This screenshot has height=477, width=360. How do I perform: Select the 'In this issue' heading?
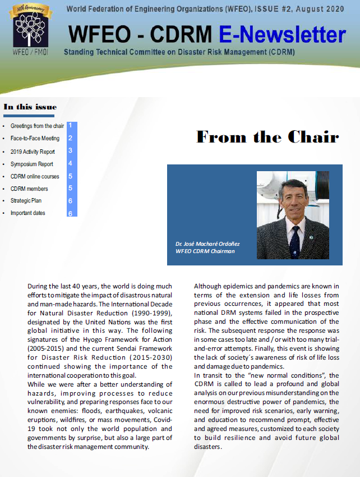click(x=30, y=107)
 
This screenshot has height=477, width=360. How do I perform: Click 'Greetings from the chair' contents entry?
click(x=37, y=126)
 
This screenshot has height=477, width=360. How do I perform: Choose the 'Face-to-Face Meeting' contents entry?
click(x=35, y=138)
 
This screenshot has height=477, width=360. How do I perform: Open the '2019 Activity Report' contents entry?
click(x=33, y=152)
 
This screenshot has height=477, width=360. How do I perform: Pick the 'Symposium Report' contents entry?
click(x=32, y=164)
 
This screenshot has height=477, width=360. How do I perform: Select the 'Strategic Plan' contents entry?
click(x=26, y=200)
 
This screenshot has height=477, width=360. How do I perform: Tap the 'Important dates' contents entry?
click(x=28, y=213)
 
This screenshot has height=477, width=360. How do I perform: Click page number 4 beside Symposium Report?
click(x=71, y=163)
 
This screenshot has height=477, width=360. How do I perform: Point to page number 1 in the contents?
click(x=70, y=126)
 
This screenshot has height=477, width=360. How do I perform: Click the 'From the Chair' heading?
click(x=267, y=137)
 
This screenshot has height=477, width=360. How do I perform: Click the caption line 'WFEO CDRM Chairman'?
click(x=205, y=251)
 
